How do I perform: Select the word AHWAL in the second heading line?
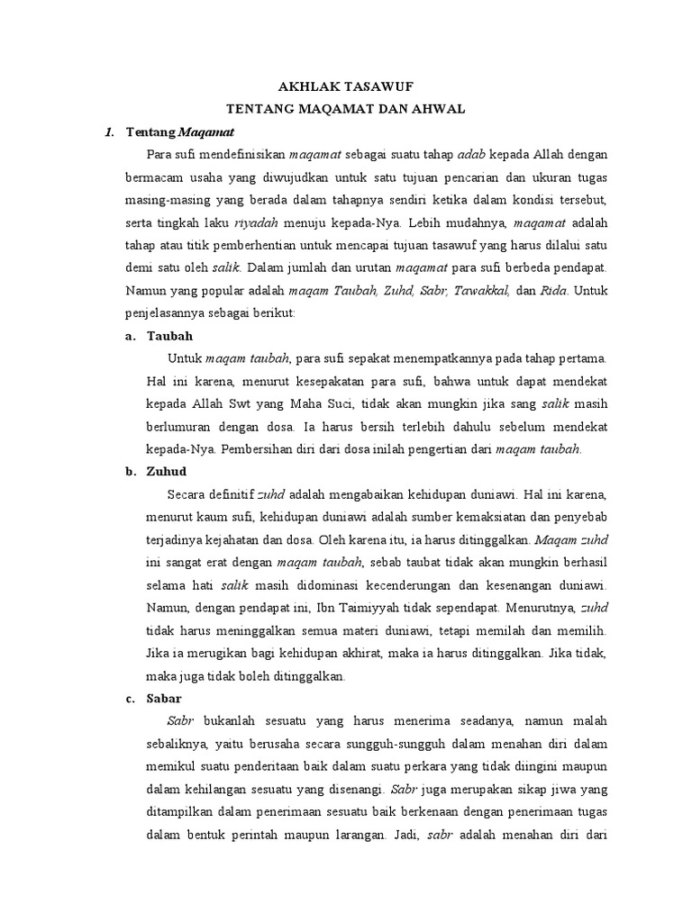click(437, 109)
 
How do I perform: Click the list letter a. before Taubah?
click(131, 336)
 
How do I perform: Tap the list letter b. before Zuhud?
click(131, 470)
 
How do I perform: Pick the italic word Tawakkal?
click(484, 290)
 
